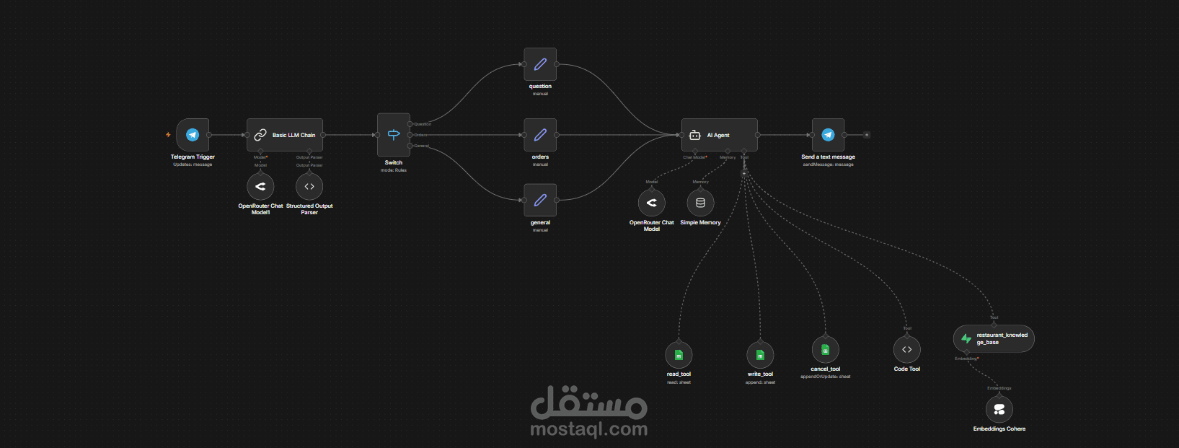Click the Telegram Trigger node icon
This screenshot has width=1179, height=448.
(193, 135)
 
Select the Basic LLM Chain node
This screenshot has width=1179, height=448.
(285, 135)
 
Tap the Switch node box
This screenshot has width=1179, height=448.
(394, 135)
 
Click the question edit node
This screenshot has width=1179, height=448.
(540, 64)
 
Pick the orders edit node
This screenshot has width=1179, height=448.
(540, 135)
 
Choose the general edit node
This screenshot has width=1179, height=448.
(540, 201)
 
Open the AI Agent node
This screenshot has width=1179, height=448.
(719, 135)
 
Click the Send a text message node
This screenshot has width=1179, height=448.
(828, 135)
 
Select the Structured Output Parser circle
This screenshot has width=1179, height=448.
(309, 187)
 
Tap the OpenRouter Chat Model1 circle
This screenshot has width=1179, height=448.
(260, 187)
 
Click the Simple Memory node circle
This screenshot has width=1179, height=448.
(700, 203)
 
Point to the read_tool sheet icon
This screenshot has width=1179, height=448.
(679, 355)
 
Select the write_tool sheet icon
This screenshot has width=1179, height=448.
(760, 355)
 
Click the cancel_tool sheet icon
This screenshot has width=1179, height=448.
(825, 350)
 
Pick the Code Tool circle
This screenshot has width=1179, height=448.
(907, 350)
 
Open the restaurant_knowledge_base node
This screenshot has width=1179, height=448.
(994, 338)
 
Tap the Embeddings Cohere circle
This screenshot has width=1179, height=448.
(999, 410)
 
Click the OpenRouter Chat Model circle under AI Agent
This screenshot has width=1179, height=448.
(652, 203)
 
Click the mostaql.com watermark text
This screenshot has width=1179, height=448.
(588, 429)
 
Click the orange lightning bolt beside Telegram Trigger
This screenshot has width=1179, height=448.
(168, 135)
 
